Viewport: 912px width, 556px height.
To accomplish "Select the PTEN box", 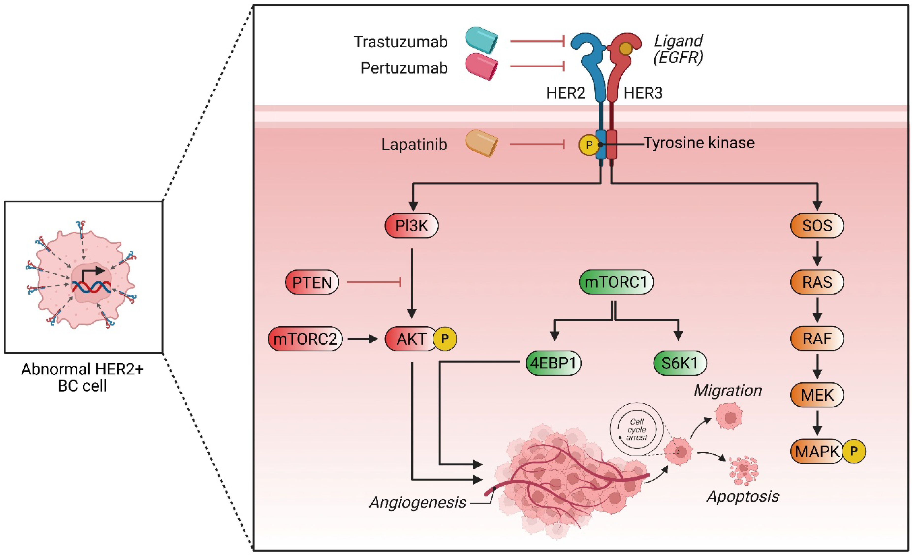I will [x=312, y=283].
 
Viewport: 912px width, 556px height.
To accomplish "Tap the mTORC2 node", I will [x=305, y=339].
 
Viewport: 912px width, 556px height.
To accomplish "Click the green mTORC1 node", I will [x=616, y=282].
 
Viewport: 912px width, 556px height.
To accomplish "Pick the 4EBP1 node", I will [x=553, y=363].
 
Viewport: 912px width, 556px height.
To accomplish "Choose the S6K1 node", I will [x=679, y=363].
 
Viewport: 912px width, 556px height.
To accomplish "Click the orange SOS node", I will [x=817, y=225].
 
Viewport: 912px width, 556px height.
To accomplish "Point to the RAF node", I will [x=817, y=338].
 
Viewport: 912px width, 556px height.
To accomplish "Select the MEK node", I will [x=817, y=395].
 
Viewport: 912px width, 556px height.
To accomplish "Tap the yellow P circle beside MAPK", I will [x=854, y=451].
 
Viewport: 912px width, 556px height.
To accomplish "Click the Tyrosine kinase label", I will [x=699, y=143].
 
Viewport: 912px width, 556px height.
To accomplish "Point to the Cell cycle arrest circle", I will [x=637, y=429].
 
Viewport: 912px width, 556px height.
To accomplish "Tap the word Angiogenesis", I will [x=418, y=502].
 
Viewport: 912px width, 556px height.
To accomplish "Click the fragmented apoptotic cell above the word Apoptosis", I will [x=743, y=471].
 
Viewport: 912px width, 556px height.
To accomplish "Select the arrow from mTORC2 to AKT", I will [x=362, y=339].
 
